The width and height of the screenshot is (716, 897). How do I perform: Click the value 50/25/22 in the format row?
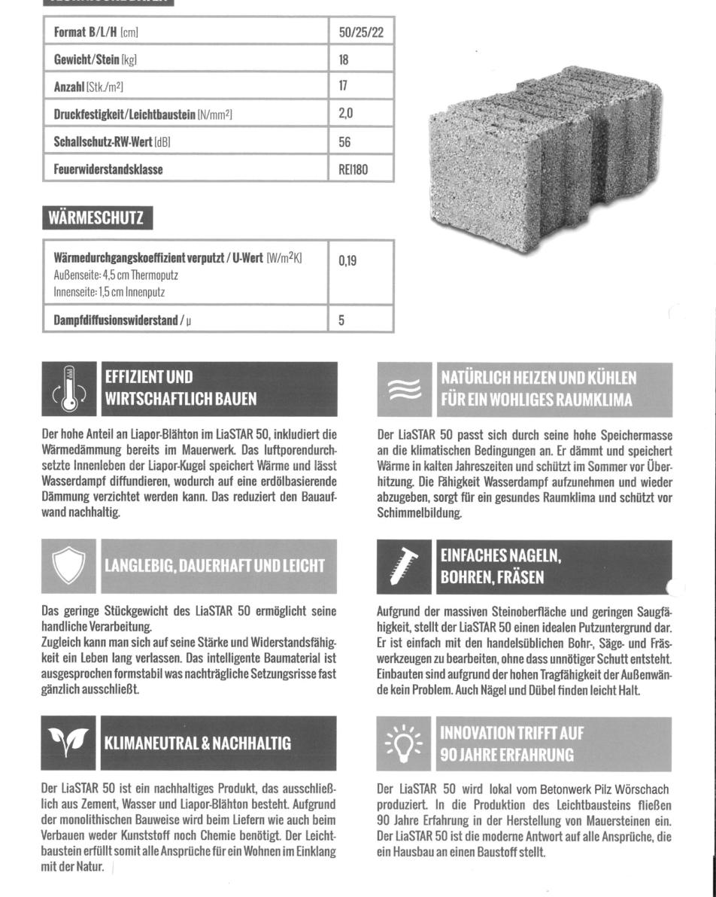[x=361, y=32]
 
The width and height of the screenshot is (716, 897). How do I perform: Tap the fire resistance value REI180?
[x=353, y=169]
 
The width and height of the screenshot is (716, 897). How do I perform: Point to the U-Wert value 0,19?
[x=347, y=261]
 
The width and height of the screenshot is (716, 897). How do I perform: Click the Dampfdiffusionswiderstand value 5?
[x=341, y=320]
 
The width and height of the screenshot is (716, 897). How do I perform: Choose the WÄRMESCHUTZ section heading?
[x=96, y=218]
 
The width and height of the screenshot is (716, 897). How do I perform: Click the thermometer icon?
[x=69, y=388]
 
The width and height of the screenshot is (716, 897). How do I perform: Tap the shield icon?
[x=69, y=566]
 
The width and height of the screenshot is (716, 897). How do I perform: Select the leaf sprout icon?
[x=69, y=743]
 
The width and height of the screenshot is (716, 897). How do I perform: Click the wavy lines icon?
[x=405, y=389]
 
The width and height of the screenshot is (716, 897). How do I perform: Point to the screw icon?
[x=405, y=567]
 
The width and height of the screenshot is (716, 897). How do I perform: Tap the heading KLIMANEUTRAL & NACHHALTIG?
[x=197, y=743]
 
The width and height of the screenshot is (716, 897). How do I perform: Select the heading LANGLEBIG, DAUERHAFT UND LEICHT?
[x=214, y=566]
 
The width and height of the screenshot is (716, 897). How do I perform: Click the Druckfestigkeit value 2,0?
[x=346, y=114]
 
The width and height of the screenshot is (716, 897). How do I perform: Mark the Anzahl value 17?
[x=344, y=87]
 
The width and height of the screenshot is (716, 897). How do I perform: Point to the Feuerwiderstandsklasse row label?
[x=108, y=169]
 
